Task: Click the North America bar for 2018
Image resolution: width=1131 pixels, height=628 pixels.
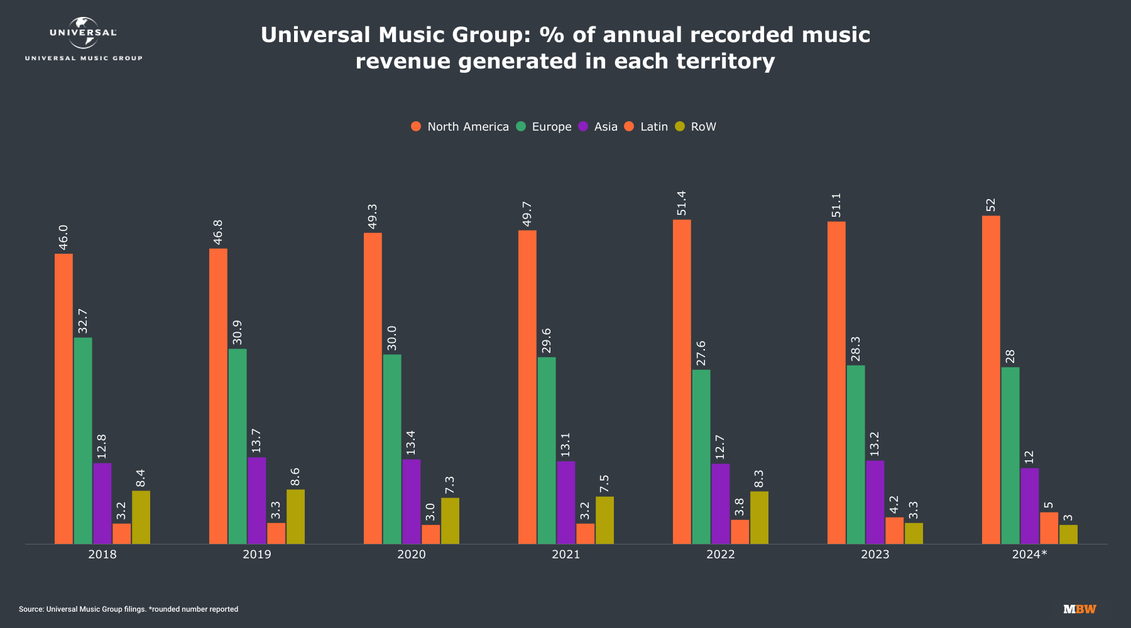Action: coord(63,399)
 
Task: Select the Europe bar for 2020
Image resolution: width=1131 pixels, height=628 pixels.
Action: coord(392,449)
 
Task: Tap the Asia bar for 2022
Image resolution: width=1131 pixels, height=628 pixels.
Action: coord(721,504)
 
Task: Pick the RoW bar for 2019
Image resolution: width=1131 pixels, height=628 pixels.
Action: coord(295,517)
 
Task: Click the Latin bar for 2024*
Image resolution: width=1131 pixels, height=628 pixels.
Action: coord(1049,528)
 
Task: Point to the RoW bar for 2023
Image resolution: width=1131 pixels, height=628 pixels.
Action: coord(914,533)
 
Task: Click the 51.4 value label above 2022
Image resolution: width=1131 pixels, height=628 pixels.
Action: coord(682,203)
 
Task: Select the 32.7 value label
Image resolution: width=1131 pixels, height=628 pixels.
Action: coord(83,321)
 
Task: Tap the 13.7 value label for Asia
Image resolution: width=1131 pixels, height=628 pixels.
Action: coord(256,441)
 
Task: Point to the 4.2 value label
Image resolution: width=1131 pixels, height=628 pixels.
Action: coord(894,505)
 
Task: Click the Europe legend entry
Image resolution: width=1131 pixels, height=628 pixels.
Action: coord(551,127)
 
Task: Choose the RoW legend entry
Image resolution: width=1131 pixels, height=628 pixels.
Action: coord(703,127)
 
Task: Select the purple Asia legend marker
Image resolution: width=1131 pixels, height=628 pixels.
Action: coord(583,127)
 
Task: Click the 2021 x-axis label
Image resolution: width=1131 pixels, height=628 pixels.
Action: coord(565,555)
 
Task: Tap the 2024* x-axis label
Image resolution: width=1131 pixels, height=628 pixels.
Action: coord(1029,555)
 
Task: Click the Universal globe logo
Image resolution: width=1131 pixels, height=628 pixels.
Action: coord(83,33)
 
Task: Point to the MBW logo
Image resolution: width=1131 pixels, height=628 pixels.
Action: coord(1079,609)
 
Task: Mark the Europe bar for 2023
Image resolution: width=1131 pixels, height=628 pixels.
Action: coord(856,455)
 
